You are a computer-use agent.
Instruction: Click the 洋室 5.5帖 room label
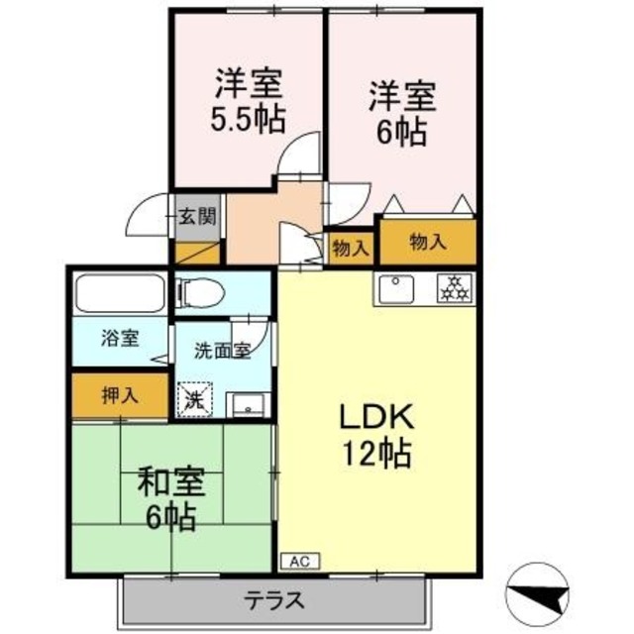248,100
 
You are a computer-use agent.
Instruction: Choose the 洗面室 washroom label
220,350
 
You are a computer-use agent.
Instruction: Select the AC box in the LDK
297,561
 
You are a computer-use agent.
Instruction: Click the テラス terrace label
274,600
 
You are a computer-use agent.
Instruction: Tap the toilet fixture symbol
196,293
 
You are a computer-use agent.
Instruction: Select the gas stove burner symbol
453,288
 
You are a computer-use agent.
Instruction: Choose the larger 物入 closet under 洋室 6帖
427,243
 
